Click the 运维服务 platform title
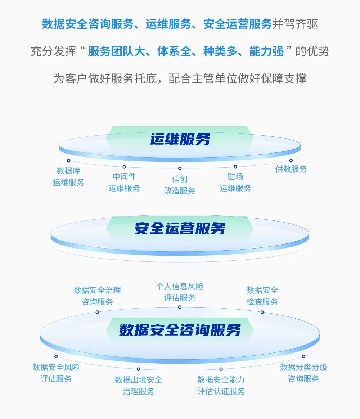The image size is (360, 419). (180, 139)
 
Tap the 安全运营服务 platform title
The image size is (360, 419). (180, 228)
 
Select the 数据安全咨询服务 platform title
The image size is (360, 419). (180, 329)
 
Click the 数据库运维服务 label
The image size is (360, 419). (68, 177)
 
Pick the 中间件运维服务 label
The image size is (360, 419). (124, 182)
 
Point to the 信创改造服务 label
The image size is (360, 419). (180, 185)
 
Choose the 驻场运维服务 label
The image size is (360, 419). (235, 182)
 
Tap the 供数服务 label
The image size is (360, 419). (291, 169)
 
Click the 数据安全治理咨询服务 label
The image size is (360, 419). (97, 296)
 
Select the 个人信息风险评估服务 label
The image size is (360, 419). (180, 292)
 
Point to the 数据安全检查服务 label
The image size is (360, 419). (262, 296)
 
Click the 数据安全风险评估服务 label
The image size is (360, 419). (56, 373)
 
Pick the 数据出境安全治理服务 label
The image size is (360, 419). (139, 385)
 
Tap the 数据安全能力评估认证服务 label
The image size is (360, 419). (221, 385)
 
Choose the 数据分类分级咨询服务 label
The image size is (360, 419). (303, 373)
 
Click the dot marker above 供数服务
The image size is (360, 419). (291, 161)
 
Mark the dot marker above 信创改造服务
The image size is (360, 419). (180, 168)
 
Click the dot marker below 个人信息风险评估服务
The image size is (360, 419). (180, 307)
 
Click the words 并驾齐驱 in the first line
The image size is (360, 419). (295, 24)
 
